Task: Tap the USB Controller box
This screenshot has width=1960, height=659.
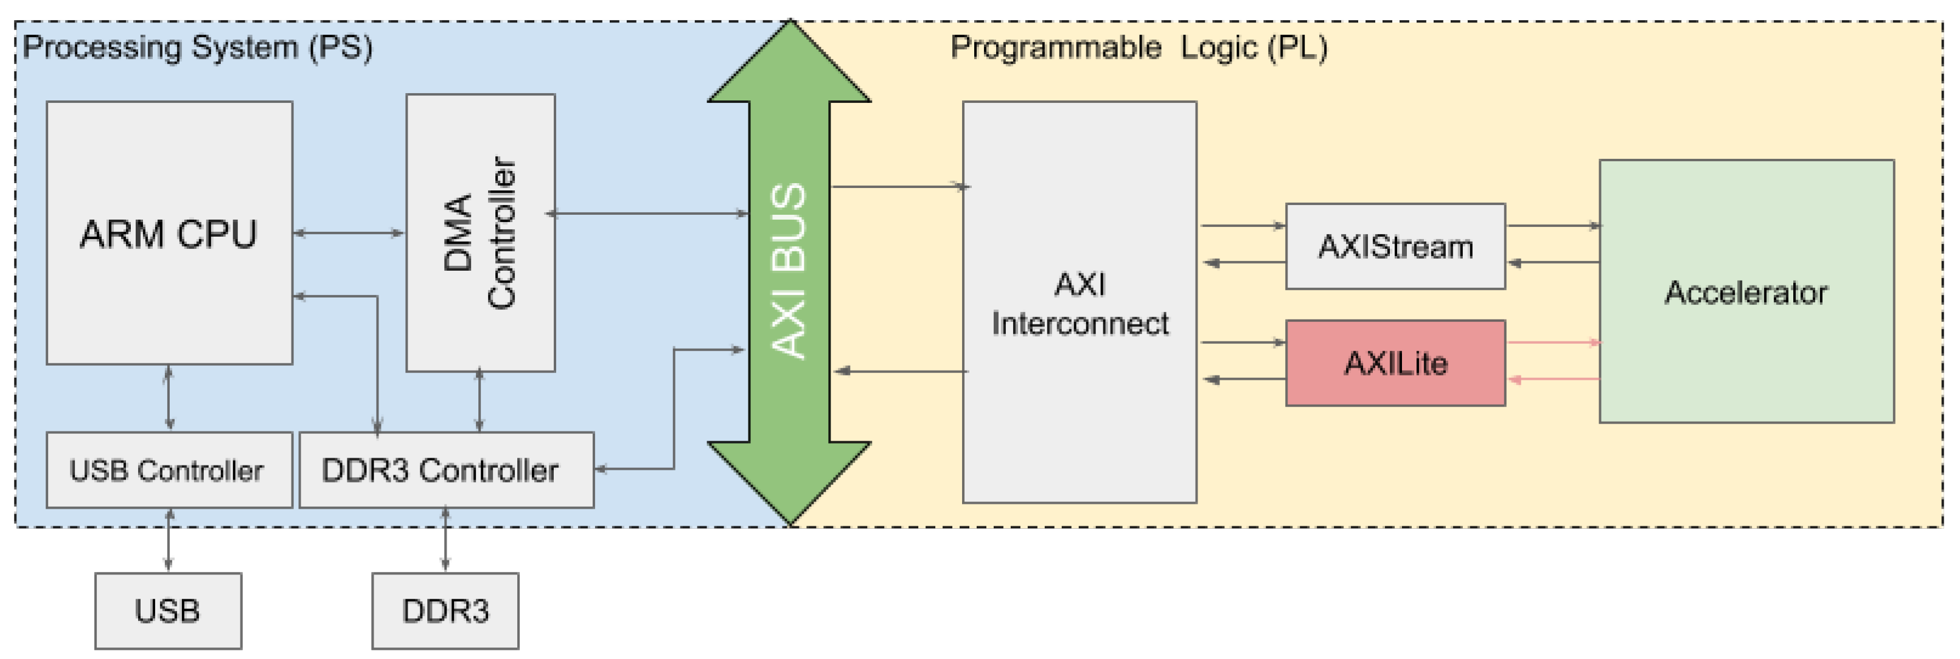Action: pos(169,470)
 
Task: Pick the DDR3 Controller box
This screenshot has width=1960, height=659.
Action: pos(446,470)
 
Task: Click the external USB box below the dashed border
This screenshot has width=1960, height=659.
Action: pos(168,610)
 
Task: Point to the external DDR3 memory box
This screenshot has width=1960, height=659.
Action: pos(445,610)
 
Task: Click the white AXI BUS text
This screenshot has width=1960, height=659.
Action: pos(788,270)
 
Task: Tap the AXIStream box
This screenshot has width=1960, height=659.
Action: pos(1395,246)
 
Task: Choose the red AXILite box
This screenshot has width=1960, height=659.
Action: pos(1395,363)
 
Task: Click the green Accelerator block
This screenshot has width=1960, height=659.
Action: pos(1746,291)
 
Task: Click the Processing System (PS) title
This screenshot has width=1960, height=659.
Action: pos(198,47)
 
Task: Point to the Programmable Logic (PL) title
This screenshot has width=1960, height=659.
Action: pos(1139,47)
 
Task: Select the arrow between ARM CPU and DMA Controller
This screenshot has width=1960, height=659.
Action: pos(349,233)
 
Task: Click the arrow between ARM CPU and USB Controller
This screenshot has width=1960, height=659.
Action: pos(169,398)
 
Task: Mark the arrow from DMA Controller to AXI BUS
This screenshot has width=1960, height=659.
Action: pos(647,214)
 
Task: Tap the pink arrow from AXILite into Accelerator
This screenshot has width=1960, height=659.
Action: pos(1552,343)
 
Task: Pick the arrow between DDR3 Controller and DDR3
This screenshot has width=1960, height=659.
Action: pos(445,540)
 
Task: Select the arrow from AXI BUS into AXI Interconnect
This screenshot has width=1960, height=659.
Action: pos(898,186)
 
